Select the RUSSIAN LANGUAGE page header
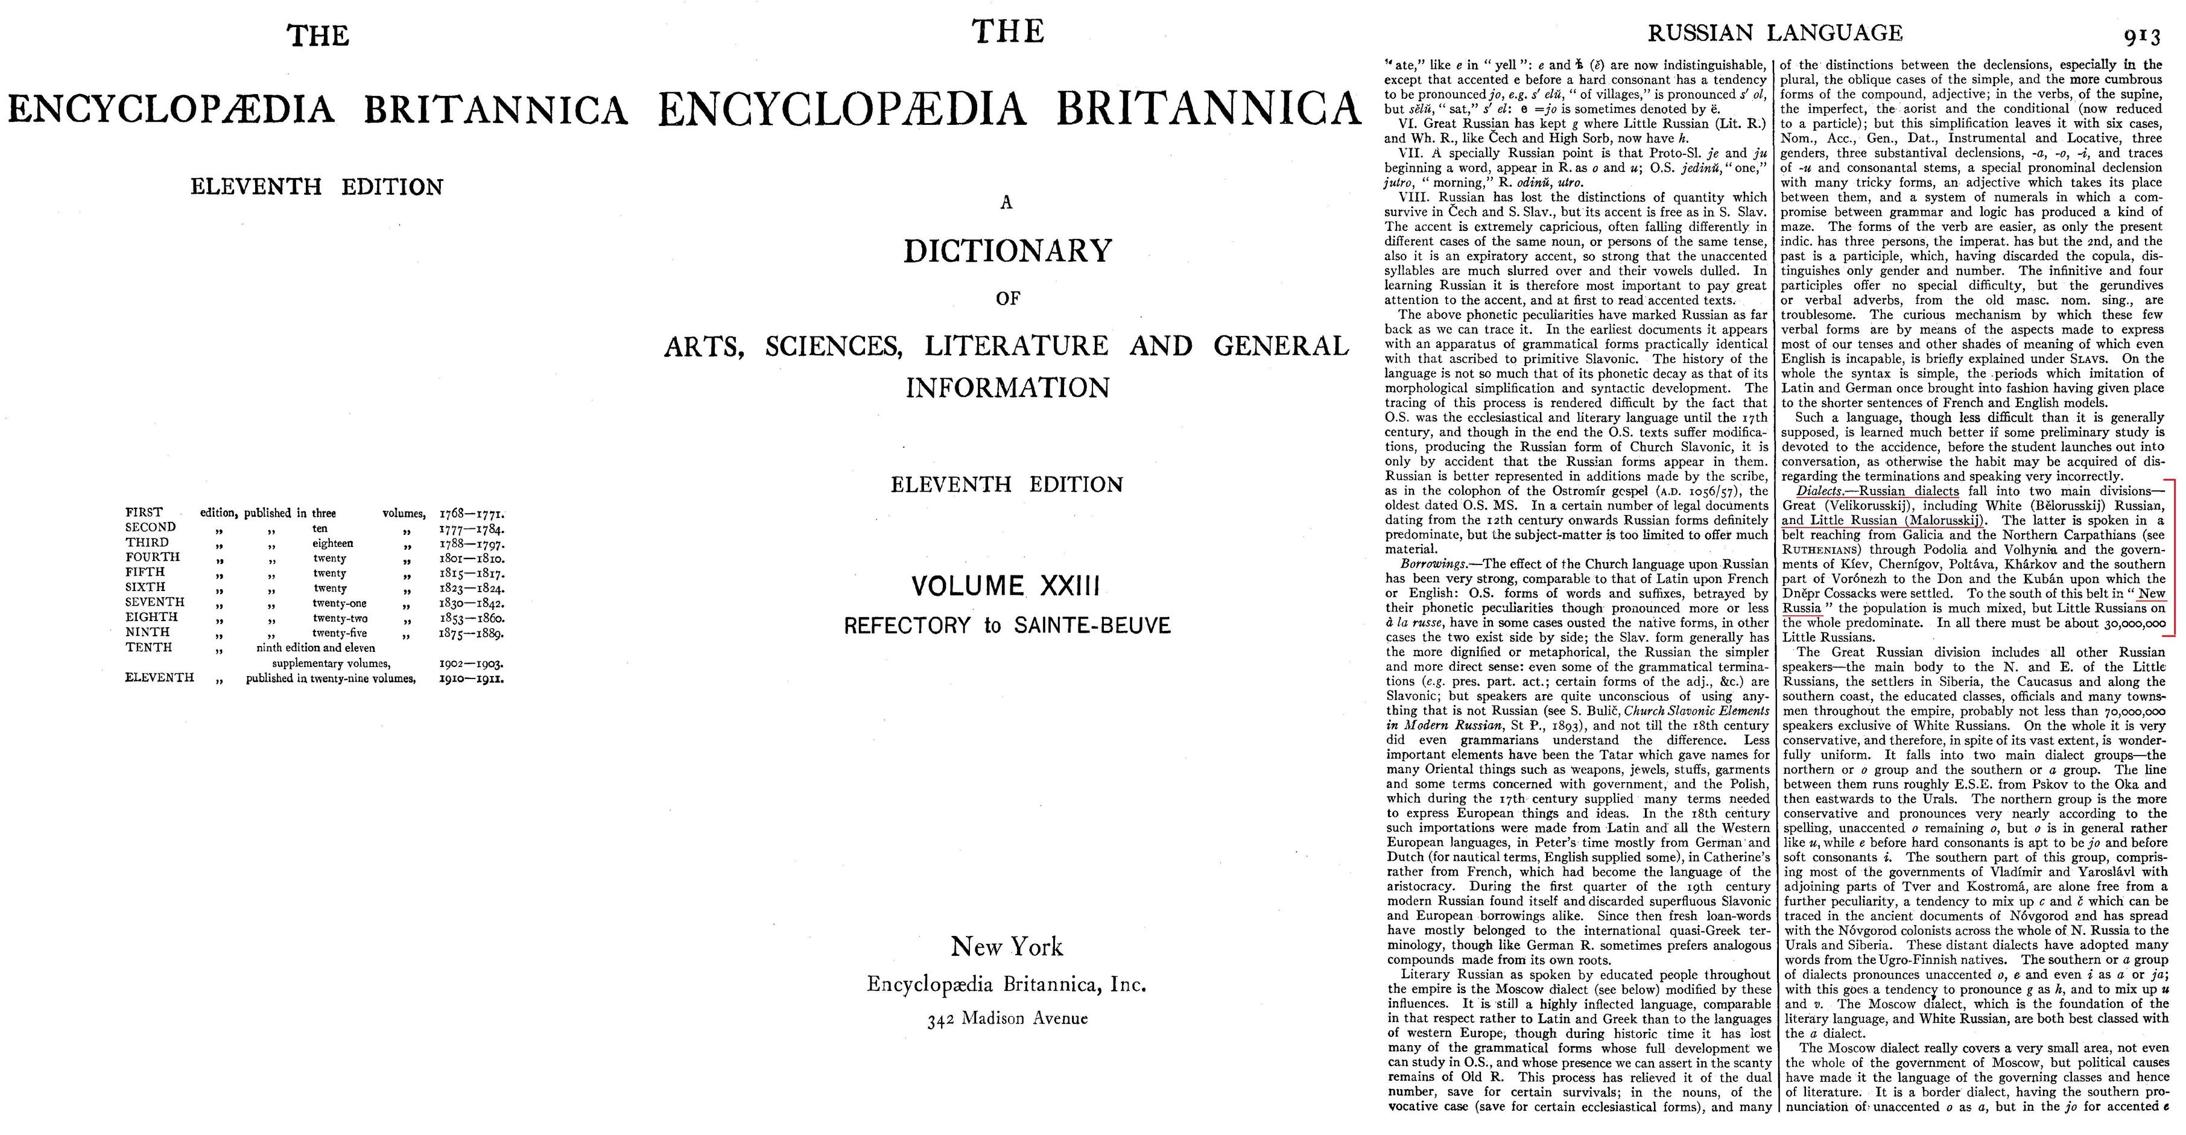1775,33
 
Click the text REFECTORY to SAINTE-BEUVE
1007,626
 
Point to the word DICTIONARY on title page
1007,251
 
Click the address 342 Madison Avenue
1007,1019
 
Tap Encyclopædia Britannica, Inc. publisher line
1007,985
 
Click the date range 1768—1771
472,513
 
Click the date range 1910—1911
472,678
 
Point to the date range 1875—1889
472,633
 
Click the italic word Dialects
1816,491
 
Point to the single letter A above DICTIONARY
1007,202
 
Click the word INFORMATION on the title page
1007,388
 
